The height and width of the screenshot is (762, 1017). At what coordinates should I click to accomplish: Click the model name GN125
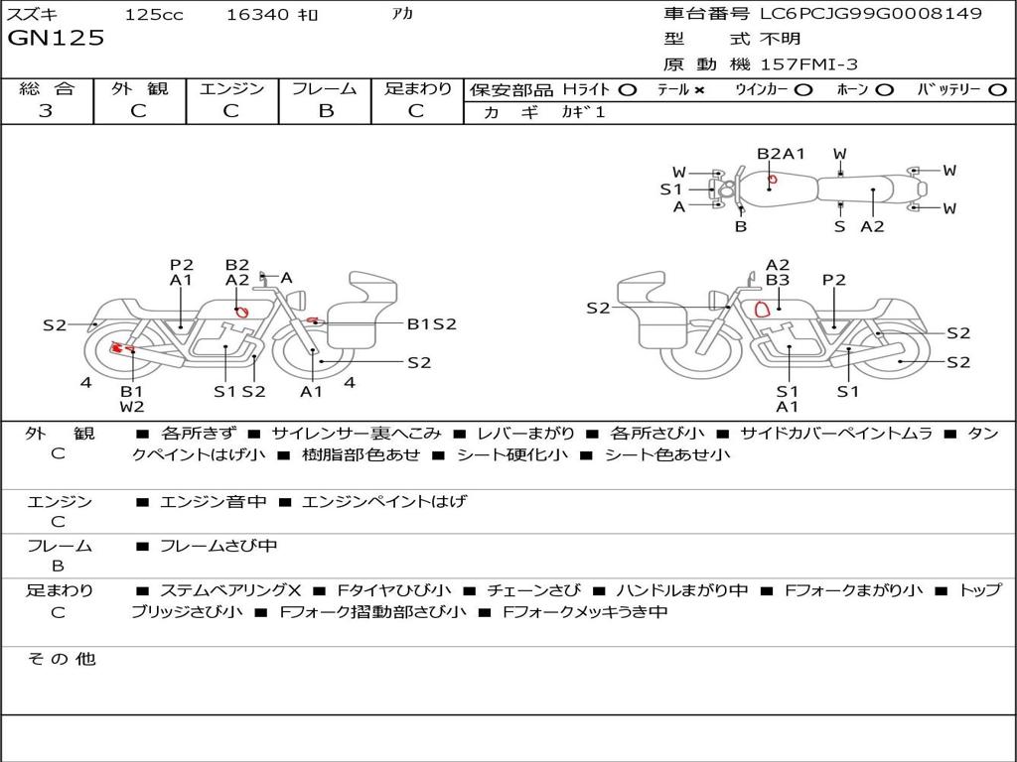(56, 38)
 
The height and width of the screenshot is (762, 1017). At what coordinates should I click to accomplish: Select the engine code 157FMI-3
(808, 64)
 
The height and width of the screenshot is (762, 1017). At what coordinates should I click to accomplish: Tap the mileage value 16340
(256, 14)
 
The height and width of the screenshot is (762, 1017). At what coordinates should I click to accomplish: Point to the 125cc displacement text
(154, 14)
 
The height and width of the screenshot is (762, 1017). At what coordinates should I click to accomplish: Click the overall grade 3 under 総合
(46, 110)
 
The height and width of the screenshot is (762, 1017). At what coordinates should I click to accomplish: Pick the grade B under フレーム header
(326, 110)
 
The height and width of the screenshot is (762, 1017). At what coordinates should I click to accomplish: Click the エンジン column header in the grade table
(231, 88)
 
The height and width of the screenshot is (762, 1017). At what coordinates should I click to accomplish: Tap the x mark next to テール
(699, 90)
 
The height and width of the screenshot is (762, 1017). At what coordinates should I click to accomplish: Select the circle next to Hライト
(627, 90)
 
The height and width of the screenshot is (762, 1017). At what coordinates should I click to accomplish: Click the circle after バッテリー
(997, 90)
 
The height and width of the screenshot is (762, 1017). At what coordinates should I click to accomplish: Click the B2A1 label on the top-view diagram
(781, 154)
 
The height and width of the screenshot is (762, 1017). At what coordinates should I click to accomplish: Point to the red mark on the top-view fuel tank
(772, 179)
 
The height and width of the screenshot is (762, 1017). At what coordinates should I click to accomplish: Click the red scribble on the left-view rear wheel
(118, 348)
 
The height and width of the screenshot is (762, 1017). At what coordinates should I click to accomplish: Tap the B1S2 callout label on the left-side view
(431, 323)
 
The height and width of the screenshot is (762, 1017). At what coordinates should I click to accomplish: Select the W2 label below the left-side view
(132, 407)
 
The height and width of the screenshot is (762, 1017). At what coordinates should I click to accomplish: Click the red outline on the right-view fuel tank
(763, 310)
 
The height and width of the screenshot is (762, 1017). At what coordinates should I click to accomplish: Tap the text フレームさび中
(218, 547)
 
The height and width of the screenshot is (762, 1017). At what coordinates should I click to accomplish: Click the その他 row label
(62, 659)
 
